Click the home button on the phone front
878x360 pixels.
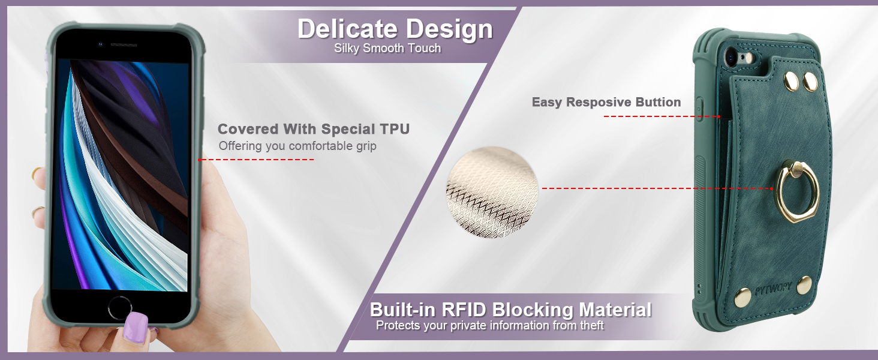click(x=120, y=308)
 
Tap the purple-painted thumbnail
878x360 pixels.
click(x=135, y=328)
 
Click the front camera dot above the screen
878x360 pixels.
click(x=100, y=44)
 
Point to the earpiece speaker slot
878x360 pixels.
click(x=124, y=45)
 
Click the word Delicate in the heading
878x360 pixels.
click(x=348, y=29)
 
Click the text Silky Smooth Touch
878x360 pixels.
click(x=387, y=48)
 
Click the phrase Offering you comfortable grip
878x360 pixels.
click(x=297, y=146)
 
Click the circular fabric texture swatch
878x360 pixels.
click(x=492, y=192)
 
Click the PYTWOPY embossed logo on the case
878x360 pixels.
click(x=773, y=289)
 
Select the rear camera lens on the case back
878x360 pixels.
click(x=730, y=58)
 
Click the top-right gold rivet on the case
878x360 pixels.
click(x=810, y=82)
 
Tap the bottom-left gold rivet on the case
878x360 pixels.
click(x=742, y=297)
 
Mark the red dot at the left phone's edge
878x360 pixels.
click(x=200, y=160)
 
